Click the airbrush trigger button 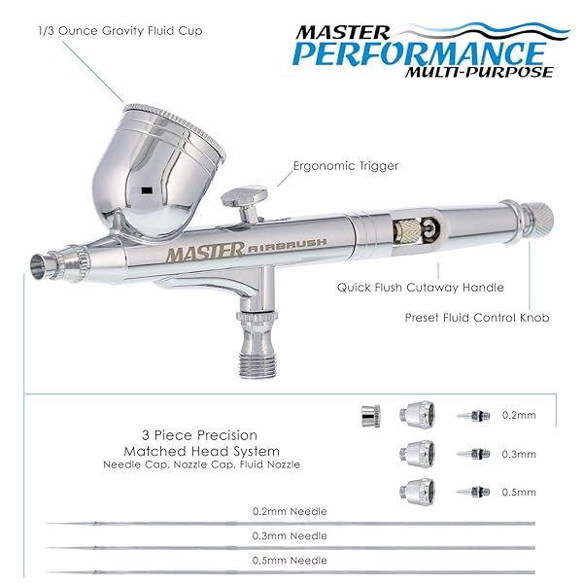pyautogui.click(x=244, y=196)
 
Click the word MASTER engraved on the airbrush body pyautogui.click(x=205, y=252)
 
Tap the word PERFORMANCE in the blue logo pyautogui.click(x=419, y=52)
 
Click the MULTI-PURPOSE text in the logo pyautogui.click(x=479, y=72)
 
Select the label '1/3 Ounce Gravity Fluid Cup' pyautogui.click(x=120, y=30)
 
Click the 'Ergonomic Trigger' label pyautogui.click(x=345, y=166)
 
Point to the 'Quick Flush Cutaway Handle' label pyautogui.click(x=420, y=288)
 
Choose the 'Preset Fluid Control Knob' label pyautogui.click(x=477, y=318)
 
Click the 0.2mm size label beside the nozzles pyautogui.click(x=519, y=415)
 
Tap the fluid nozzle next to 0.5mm pyautogui.click(x=473, y=492)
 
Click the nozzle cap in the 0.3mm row pyautogui.click(x=417, y=453)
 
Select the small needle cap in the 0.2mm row pyautogui.click(x=371, y=416)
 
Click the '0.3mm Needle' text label pyautogui.click(x=290, y=535)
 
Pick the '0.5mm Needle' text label pyautogui.click(x=290, y=561)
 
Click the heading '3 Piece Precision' pyautogui.click(x=199, y=435)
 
